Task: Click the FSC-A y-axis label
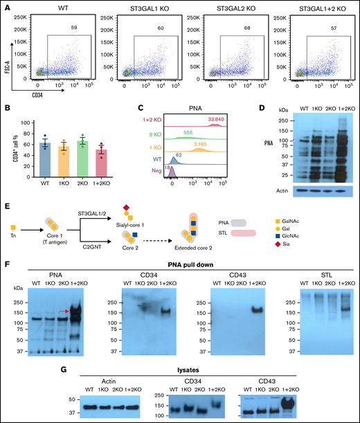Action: pos(6,48)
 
